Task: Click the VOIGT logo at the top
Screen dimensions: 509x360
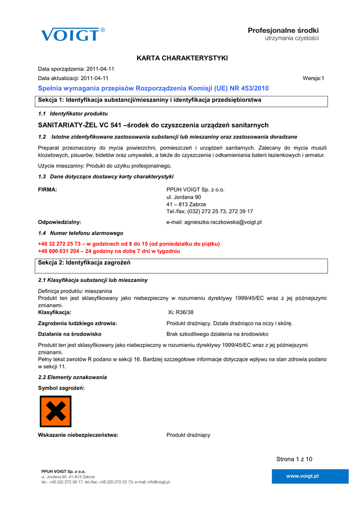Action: pyautogui.click(x=73, y=35)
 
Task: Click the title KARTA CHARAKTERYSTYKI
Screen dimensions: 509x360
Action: pyautogui.click(x=182, y=59)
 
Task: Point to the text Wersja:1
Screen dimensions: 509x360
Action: pyautogui.click(x=313, y=79)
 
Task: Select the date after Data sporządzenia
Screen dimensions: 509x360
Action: pyautogui.click(x=100, y=69)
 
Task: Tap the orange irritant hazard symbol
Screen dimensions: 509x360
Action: pyautogui.click(x=55, y=412)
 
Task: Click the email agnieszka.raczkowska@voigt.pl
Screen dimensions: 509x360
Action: pyautogui.click(x=214, y=222)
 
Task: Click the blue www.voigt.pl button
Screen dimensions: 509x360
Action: pyautogui.click(x=302, y=476)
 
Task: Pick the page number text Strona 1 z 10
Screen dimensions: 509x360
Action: pyautogui.click(x=294, y=459)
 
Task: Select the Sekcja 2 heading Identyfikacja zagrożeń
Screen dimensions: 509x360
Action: pyautogui.click(x=84, y=262)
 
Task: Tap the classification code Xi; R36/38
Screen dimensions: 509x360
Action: pyautogui.click(x=181, y=313)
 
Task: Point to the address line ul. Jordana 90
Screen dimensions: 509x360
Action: pyautogui.click(x=183, y=197)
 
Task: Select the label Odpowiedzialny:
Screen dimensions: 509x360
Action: pyautogui.click(x=60, y=222)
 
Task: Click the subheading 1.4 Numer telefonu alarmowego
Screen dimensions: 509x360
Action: pyautogui.click(x=81, y=233)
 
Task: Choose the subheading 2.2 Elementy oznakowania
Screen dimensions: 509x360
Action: pyautogui.click(x=72, y=377)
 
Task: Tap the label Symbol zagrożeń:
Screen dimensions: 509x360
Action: pyautogui.click(x=61, y=388)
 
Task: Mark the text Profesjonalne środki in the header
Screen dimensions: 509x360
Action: pyautogui.click(x=283, y=31)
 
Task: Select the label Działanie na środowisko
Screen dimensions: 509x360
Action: pyautogui.click(x=70, y=334)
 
